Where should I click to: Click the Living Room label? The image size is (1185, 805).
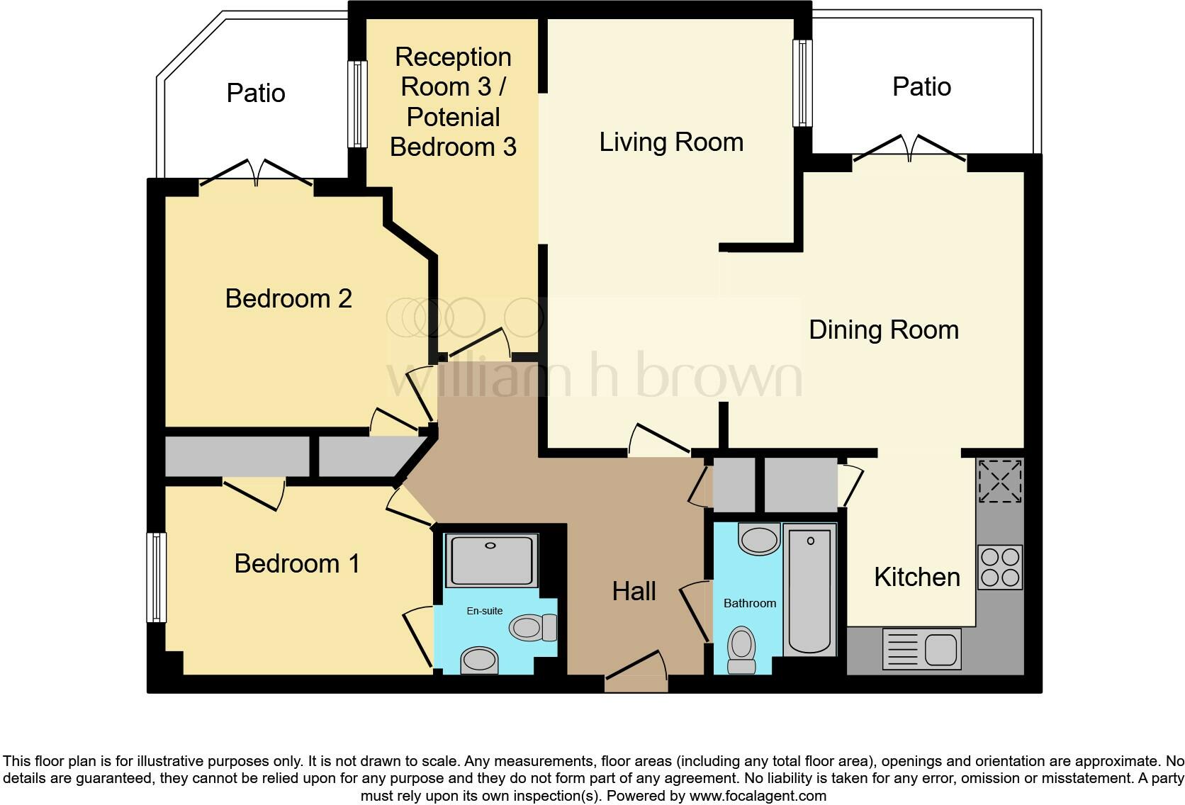tap(671, 142)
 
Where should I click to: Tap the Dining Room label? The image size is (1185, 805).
tap(883, 330)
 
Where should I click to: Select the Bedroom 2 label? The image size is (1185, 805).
tap(288, 298)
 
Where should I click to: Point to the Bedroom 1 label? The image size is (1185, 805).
tap(297, 563)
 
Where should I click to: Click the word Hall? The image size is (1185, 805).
tap(634, 591)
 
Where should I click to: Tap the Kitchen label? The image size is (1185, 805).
tap(916, 577)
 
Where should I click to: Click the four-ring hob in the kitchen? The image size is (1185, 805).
tap(1000, 567)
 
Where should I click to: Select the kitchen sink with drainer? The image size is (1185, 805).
tap(921, 649)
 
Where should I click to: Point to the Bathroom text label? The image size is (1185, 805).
tap(749, 603)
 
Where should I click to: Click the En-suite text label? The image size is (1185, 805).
tap(484, 610)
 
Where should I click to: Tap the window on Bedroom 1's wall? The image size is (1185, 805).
tap(156, 578)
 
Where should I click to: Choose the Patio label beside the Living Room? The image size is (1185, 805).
tap(921, 86)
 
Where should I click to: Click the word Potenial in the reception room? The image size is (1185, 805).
tap(454, 117)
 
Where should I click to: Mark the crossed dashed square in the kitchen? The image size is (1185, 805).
tap(1000, 480)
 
